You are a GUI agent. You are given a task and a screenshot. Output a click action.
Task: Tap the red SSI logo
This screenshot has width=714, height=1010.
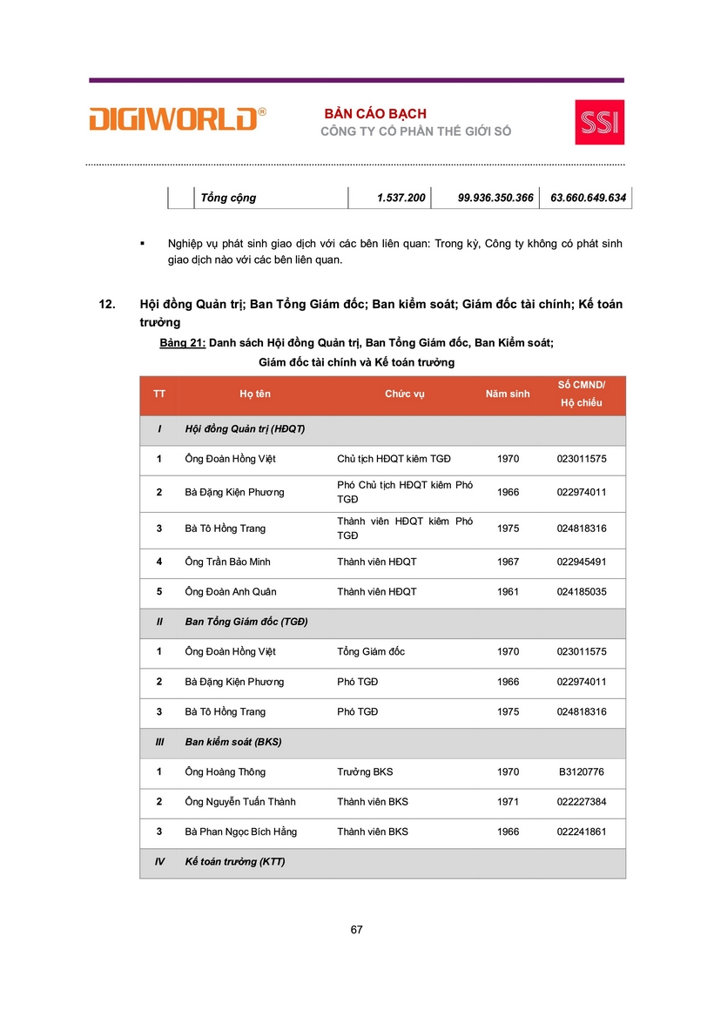(599, 122)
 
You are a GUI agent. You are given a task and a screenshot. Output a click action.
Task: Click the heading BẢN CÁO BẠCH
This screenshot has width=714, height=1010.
(375, 114)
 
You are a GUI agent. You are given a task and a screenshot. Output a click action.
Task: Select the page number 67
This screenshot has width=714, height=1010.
(356, 929)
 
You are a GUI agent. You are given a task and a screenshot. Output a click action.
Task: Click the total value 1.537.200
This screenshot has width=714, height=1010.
(401, 198)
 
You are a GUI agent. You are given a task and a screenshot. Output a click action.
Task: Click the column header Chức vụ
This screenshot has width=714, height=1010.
(405, 394)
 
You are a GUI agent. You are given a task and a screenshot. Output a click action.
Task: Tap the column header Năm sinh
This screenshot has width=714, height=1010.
(508, 394)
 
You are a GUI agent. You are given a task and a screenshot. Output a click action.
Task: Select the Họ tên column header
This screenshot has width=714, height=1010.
(255, 394)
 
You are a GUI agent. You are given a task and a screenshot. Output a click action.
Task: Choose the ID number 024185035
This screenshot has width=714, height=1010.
(581, 592)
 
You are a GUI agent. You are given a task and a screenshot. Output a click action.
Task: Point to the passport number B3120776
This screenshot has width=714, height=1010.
(581, 772)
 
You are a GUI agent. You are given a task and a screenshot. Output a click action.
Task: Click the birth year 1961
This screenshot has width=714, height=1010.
(508, 592)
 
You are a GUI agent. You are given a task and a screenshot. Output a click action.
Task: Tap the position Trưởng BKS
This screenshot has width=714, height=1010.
(365, 772)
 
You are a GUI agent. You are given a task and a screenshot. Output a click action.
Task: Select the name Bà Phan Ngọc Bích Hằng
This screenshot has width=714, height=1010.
(241, 832)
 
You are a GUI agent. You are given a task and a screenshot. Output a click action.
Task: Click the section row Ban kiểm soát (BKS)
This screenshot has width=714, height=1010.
(233, 742)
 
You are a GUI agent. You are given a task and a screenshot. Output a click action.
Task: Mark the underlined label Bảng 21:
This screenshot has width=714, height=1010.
(183, 343)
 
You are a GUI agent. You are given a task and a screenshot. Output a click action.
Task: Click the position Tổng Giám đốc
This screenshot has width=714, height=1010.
(371, 651)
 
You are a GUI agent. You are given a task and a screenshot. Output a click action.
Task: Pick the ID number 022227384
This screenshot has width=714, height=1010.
(581, 802)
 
